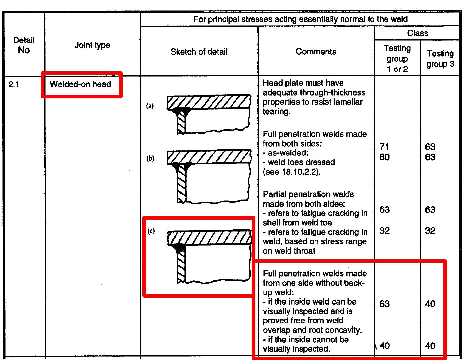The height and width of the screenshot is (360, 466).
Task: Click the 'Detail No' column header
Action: coord(24,45)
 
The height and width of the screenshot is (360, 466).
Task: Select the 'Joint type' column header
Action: coord(92,45)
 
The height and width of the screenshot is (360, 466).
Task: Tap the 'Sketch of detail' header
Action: coord(199,52)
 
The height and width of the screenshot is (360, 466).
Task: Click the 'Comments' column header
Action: coord(316,51)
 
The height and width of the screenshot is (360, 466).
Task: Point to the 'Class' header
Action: coord(417,33)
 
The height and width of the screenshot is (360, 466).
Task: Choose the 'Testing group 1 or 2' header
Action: coord(397,58)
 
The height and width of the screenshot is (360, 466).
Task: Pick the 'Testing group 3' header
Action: coord(440,58)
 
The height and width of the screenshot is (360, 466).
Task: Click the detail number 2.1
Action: coord(14,85)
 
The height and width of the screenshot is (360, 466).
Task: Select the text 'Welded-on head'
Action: coord(80,84)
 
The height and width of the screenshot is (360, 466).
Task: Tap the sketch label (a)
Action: coord(150,106)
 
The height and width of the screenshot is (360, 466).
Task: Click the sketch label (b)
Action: coord(150,159)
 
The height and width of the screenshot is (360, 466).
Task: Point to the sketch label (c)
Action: coord(151,231)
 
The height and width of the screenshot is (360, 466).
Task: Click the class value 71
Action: coord(384,147)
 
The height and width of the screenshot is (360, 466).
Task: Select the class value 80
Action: coord(384,157)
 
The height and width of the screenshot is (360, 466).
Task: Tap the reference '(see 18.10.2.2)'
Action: coord(291,172)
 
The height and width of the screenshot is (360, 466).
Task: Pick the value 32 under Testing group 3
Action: coord(430,231)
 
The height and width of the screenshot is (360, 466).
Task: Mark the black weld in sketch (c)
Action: coord(179,247)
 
